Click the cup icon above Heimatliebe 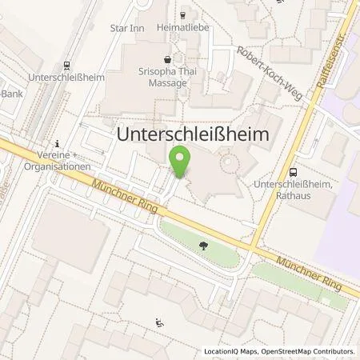point(183,14)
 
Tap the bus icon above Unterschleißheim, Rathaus point(293,170)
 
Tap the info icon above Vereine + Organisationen point(58,137)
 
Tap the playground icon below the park point(158,323)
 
